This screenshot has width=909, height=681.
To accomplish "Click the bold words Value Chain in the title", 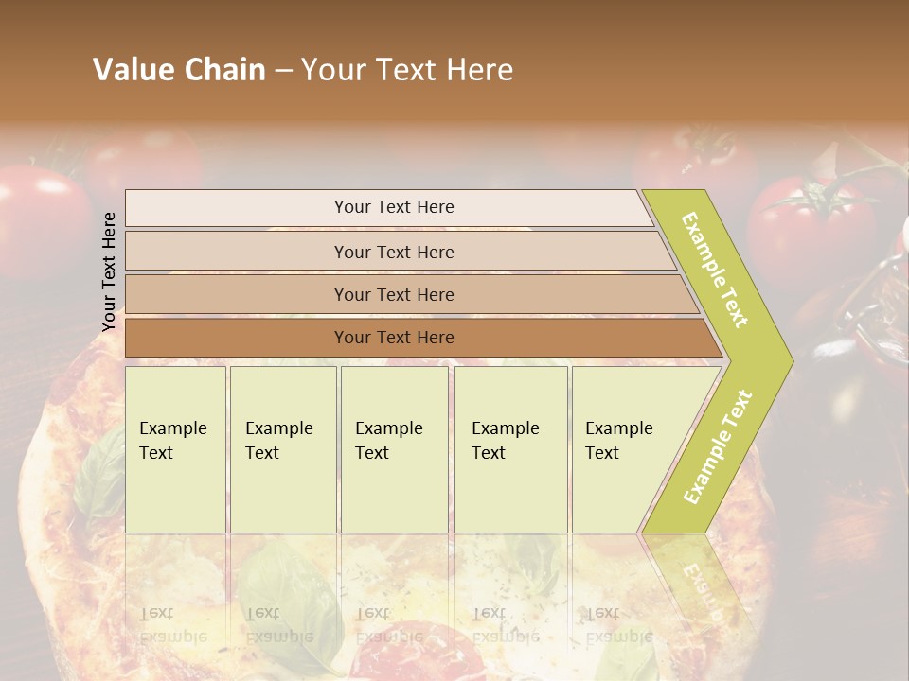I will click(179, 70).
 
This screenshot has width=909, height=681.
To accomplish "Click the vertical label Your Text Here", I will click(109, 271).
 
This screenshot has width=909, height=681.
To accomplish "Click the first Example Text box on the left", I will click(175, 448).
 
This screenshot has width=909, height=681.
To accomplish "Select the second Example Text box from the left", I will click(282, 448).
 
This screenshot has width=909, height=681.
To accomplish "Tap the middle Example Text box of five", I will click(394, 448).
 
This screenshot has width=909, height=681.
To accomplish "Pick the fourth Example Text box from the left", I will click(509, 448).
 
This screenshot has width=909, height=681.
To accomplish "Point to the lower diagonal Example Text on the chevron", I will click(718, 446).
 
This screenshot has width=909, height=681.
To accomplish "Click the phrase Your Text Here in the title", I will click(407, 70).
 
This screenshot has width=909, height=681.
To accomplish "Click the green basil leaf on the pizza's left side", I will click(99, 473).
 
